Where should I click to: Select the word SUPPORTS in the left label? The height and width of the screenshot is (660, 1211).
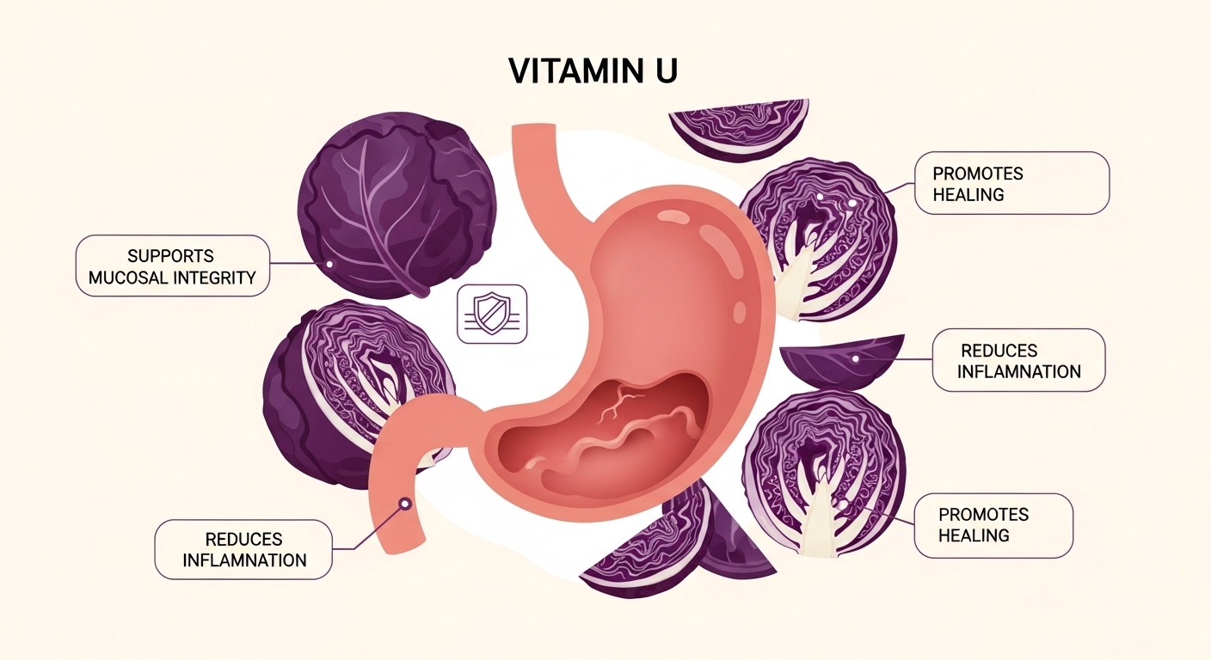click(x=170, y=256)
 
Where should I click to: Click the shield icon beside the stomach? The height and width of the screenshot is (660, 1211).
click(x=492, y=314)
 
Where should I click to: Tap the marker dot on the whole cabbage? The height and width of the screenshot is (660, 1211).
click(x=328, y=264)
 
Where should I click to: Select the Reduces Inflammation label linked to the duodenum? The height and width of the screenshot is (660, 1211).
click(x=243, y=549)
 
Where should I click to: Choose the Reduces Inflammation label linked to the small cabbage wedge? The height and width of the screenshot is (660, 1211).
click(x=1018, y=361)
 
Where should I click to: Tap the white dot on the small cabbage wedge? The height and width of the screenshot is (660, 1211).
click(x=855, y=359)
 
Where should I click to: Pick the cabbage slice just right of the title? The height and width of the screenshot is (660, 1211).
click(x=740, y=129)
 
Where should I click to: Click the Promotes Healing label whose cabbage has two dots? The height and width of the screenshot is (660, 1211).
click(x=1011, y=183)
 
